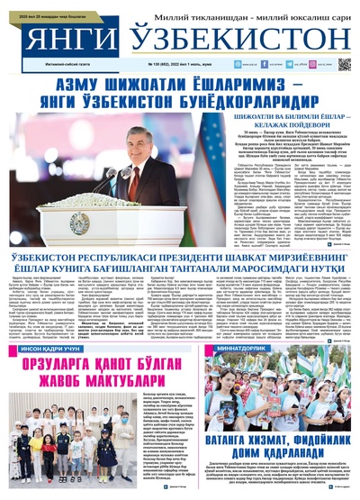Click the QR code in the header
[344, 66]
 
